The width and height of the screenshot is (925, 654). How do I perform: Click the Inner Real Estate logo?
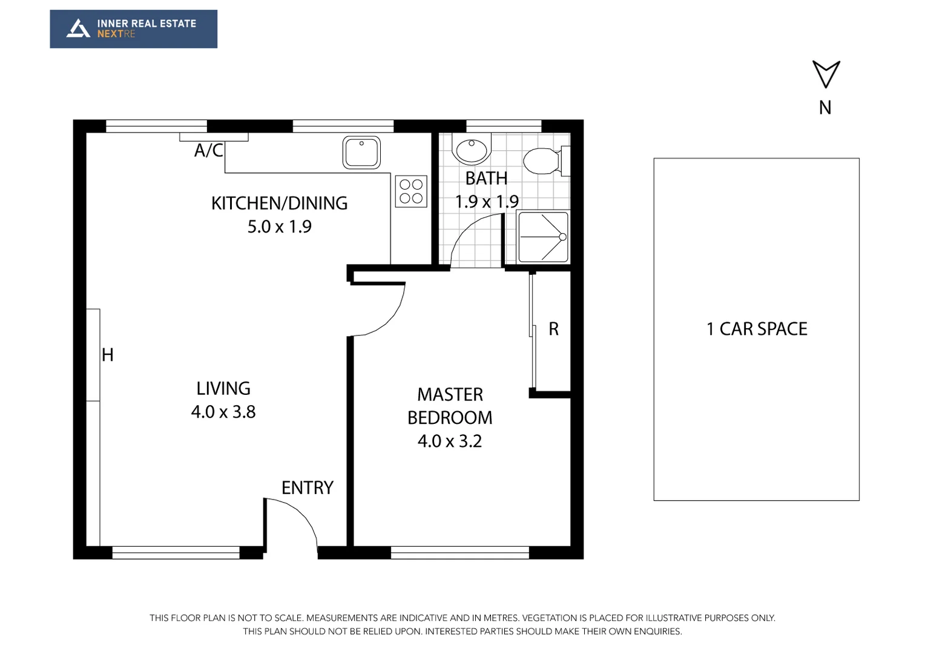point(133,28)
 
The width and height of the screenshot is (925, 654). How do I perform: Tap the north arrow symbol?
point(826,74)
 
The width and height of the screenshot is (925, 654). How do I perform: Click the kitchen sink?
point(361,152)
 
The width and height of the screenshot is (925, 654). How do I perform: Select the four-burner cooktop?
point(411,191)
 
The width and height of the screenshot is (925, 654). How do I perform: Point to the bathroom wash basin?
point(472,150)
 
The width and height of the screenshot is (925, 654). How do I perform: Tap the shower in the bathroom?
point(544,237)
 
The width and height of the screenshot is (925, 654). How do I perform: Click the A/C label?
point(209,150)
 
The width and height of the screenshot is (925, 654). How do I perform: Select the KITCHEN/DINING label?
point(279,203)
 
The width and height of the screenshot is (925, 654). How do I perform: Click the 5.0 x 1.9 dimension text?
point(279,226)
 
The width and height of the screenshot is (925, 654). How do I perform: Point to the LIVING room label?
point(223,388)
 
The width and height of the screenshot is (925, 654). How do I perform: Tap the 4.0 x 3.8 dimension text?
point(223,412)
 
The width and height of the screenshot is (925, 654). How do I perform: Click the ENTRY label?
point(308,487)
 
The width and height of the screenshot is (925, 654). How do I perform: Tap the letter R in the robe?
point(553,329)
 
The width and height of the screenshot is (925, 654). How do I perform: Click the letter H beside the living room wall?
point(108,355)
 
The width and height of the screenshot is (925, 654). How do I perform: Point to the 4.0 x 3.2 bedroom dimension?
point(450,441)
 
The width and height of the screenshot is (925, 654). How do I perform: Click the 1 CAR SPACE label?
point(757,329)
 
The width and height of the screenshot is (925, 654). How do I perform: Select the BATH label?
point(486,179)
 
